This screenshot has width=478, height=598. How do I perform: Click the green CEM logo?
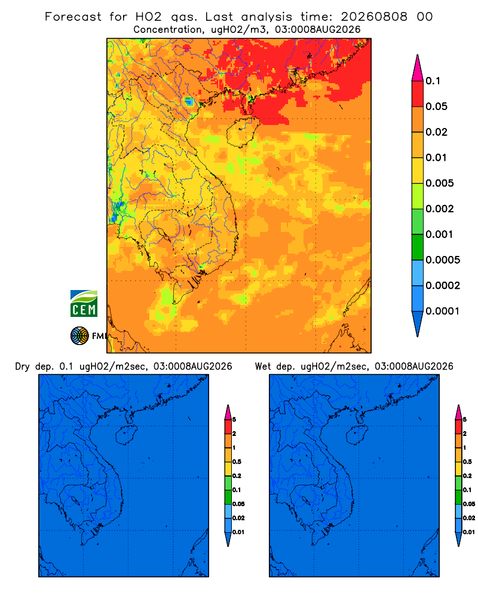click(84, 304)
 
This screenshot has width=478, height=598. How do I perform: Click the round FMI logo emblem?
click(79, 335)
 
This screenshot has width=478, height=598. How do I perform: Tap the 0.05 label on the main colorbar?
click(436, 106)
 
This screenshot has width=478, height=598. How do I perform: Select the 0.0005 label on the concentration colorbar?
click(443, 260)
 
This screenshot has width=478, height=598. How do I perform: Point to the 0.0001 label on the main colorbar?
click(443, 311)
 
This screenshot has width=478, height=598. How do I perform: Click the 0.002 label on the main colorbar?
click(440, 209)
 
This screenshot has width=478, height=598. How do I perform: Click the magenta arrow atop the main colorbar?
click(418, 68)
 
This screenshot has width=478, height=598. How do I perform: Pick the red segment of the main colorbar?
click(418, 94)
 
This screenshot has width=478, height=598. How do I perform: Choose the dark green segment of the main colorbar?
click(418, 247)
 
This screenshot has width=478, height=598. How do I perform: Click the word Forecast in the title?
click(73, 17)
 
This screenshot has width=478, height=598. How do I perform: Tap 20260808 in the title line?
click(374, 17)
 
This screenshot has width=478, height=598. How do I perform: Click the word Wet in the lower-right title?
click(263, 367)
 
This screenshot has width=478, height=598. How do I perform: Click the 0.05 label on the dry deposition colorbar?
click(238, 504)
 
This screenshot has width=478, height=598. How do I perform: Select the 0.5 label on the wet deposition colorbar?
click(467, 462)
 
